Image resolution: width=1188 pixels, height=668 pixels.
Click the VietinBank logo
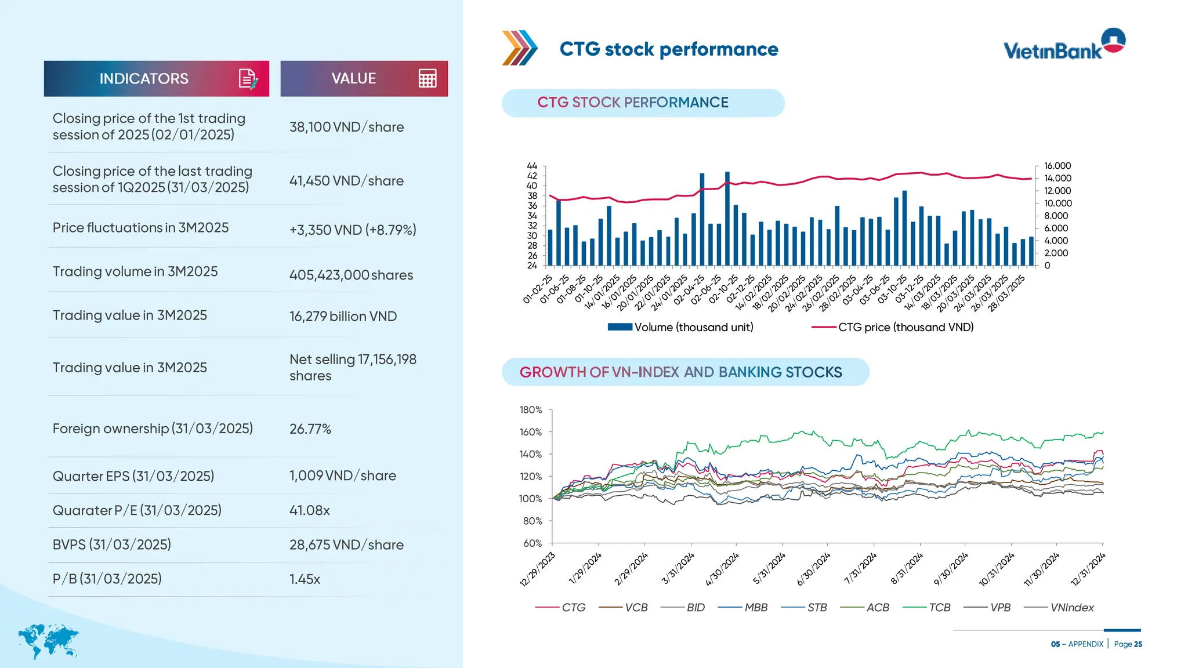(1064, 45)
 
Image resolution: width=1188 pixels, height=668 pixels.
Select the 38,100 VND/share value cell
(346, 127)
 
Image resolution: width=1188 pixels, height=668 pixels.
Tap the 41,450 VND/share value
(346, 181)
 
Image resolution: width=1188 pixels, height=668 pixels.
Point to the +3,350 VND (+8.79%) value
(353, 230)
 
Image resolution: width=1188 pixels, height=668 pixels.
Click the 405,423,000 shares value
(351, 275)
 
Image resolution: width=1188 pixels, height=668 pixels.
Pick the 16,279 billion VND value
(343, 317)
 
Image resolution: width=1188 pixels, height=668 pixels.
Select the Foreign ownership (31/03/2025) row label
(153, 429)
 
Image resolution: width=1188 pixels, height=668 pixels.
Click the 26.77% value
(310, 429)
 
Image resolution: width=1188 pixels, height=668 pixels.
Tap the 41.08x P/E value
(309, 510)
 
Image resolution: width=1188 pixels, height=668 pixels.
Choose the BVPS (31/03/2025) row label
(111, 544)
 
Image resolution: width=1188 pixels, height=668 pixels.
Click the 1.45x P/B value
(305, 579)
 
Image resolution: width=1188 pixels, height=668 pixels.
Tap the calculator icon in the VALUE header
(428, 78)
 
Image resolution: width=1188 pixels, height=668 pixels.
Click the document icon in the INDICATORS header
(248, 78)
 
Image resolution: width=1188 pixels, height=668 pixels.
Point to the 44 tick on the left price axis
(532, 166)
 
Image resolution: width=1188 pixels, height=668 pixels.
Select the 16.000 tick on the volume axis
(1057, 166)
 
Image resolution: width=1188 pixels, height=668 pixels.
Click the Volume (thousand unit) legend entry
(680, 327)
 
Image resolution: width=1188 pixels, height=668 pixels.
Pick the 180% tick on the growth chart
(530, 410)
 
